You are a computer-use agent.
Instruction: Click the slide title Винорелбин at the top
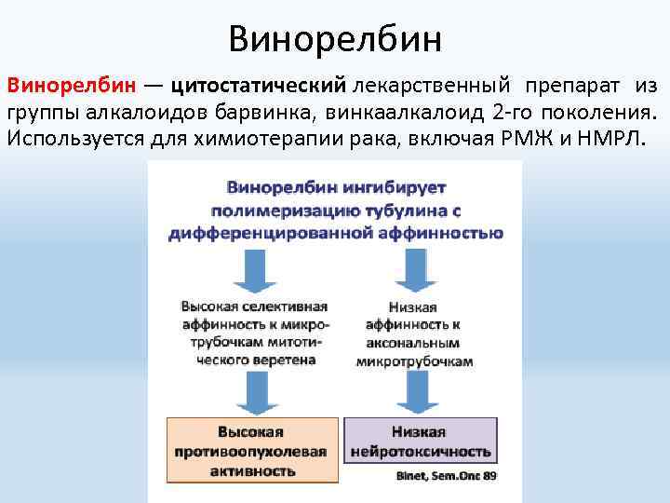tap(334, 39)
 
